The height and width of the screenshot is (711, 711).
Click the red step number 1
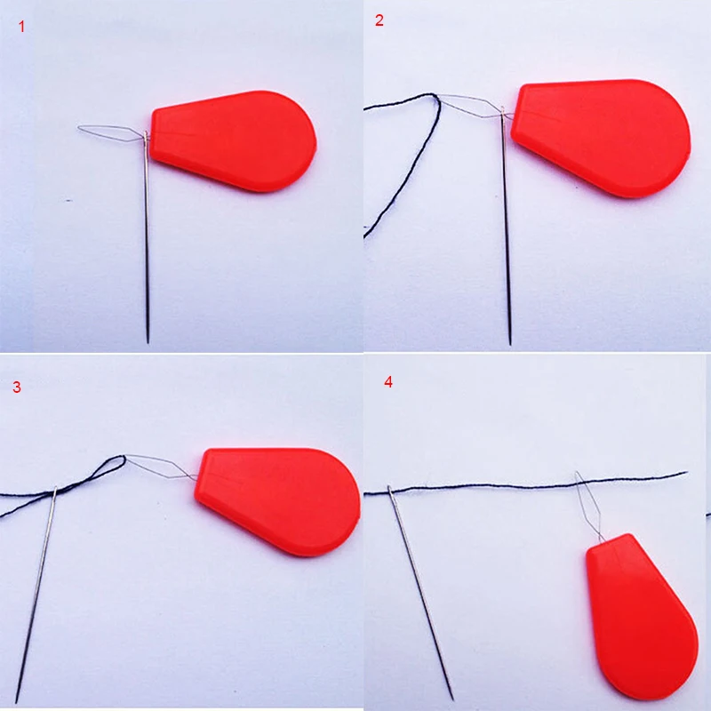coord(21,27)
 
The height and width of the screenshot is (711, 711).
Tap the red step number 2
coord(379,20)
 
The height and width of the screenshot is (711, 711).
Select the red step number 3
coord(17,387)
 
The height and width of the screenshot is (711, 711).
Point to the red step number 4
coord(388,382)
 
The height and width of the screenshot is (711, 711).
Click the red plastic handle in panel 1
coord(234,140)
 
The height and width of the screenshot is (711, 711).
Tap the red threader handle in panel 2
coord(601,138)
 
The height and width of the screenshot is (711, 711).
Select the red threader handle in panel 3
coord(277,501)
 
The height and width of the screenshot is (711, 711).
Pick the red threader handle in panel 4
coord(641,617)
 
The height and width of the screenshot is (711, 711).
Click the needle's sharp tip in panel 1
coord(148,342)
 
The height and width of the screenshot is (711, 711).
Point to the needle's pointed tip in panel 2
coord(510,344)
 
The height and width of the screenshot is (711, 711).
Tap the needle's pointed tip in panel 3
coord(17,702)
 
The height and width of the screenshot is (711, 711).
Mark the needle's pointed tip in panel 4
coord(452,699)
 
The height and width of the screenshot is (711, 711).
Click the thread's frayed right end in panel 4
coord(684,473)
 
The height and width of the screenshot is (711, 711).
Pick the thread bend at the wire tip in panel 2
coord(436,98)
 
